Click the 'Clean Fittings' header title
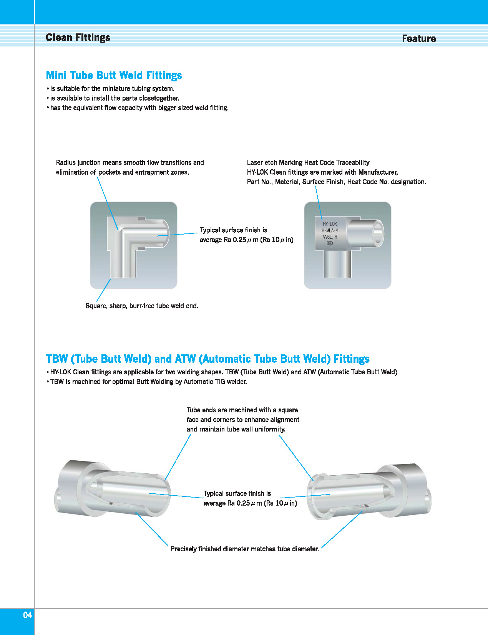[x=78, y=38]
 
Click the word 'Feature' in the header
[x=418, y=39]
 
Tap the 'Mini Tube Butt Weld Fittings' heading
[x=114, y=75]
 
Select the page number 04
[x=27, y=615]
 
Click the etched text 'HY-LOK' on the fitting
[x=330, y=224]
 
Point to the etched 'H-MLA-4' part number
[x=330, y=230]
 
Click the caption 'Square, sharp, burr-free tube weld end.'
[x=142, y=306]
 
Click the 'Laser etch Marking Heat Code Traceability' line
[x=308, y=162]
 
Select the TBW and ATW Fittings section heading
[x=207, y=359]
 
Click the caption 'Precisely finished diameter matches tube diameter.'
[x=244, y=549]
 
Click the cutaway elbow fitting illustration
[x=133, y=245]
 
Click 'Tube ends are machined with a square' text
[x=242, y=410]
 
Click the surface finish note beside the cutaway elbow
[x=246, y=235]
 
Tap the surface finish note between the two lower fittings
[x=250, y=498]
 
